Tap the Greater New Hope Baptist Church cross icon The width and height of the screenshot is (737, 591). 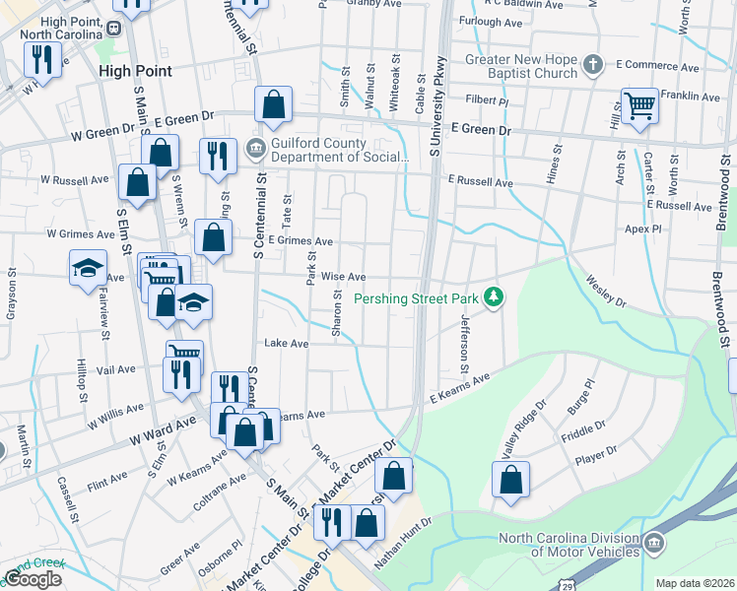(592, 65)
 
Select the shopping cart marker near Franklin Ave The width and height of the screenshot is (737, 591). (640, 104)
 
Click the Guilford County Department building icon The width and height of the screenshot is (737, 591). (255, 149)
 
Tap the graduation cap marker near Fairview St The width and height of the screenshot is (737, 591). (88, 267)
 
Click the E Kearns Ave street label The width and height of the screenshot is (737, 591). (459, 388)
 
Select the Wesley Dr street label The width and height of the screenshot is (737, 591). (606, 293)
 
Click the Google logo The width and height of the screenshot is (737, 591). (33, 578)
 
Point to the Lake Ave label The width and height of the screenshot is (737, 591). (287, 344)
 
